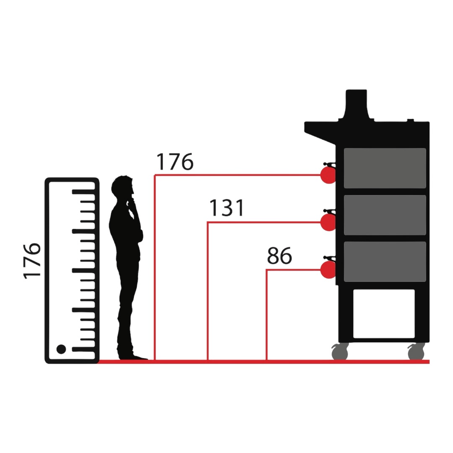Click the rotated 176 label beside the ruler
(32, 260)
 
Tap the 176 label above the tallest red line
(174, 162)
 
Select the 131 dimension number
(226, 208)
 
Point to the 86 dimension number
(279, 256)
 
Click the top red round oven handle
(328, 175)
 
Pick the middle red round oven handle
(328, 222)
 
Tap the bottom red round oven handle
(328, 270)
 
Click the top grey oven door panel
(385, 168)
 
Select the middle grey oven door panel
(385, 215)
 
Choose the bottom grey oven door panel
(385, 261)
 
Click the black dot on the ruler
(61, 349)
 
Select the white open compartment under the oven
(384, 313)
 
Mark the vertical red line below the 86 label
(267, 315)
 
